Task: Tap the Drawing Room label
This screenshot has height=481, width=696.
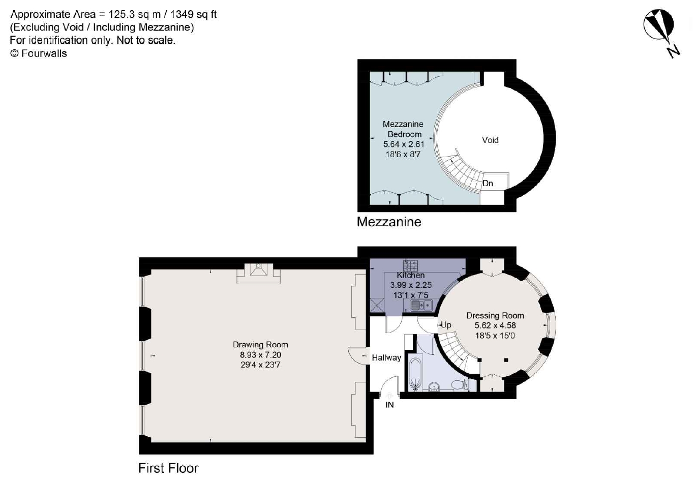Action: click(260, 345)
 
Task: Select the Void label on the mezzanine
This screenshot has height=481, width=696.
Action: click(490, 140)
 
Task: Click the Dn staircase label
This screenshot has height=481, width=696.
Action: click(488, 184)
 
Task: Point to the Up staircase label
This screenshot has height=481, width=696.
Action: click(446, 325)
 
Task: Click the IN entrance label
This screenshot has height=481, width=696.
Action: click(389, 405)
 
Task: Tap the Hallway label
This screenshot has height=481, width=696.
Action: click(386, 357)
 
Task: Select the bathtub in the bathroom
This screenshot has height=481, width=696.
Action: click(415, 375)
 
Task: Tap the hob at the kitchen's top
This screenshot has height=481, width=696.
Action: click(410, 265)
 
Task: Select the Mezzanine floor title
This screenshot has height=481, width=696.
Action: click(389, 222)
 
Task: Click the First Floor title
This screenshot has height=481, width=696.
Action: click(168, 468)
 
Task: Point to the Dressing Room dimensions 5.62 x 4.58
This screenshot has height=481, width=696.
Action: click(495, 325)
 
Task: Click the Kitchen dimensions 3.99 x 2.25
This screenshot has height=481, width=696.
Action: click(411, 285)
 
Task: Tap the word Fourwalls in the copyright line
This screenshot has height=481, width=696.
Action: click(44, 53)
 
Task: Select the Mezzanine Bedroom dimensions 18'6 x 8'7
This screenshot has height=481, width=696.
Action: click(403, 154)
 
